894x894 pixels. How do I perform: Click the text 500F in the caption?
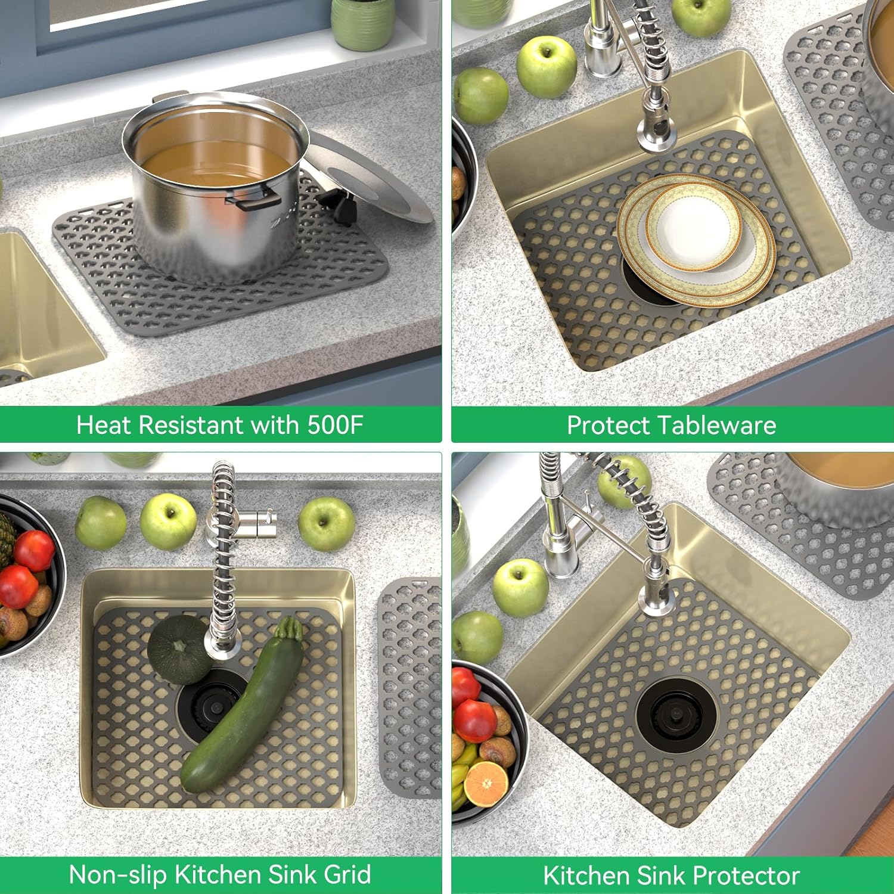coord(335,425)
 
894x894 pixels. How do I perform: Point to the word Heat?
coord(102,425)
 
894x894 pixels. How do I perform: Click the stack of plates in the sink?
coord(696,238)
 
